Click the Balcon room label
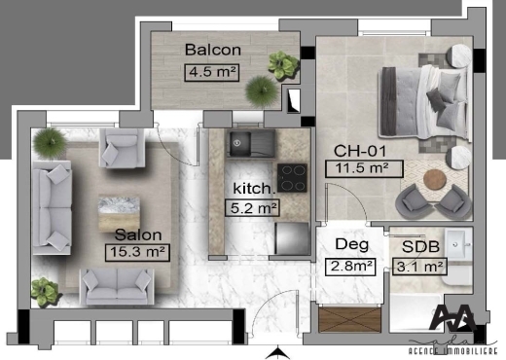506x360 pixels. tap(213, 50)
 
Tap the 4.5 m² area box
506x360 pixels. tap(212, 72)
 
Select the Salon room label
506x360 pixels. tap(138, 234)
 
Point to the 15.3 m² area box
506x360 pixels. tap(137, 252)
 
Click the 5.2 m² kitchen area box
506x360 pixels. tap(252, 208)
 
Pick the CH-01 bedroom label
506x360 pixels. tap(360, 151)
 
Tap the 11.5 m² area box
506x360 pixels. tap(364, 168)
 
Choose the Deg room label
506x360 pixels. tap(352, 244)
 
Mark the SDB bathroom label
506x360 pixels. tap(420, 246)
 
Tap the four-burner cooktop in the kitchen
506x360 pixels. tap(292, 178)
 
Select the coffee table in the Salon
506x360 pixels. tap(119, 212)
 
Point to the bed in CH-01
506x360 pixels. tap(423, 103)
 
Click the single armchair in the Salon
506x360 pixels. tap(122, 148)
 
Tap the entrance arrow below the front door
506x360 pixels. tap(277, 353)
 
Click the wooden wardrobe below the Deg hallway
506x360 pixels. tap(349, 319)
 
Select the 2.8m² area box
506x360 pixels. tap(350, 267)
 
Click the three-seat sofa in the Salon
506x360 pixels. tap(52, 207)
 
